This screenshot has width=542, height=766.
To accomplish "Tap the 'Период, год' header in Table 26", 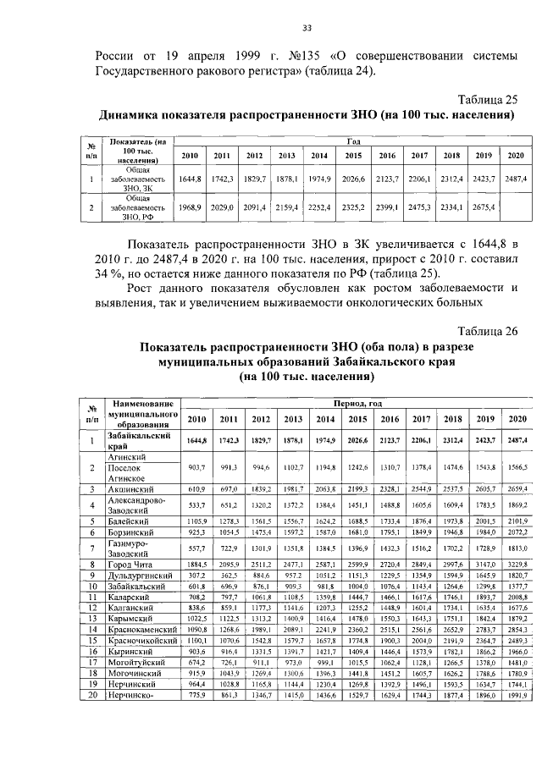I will pyautogui.click(x=357, y=405).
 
